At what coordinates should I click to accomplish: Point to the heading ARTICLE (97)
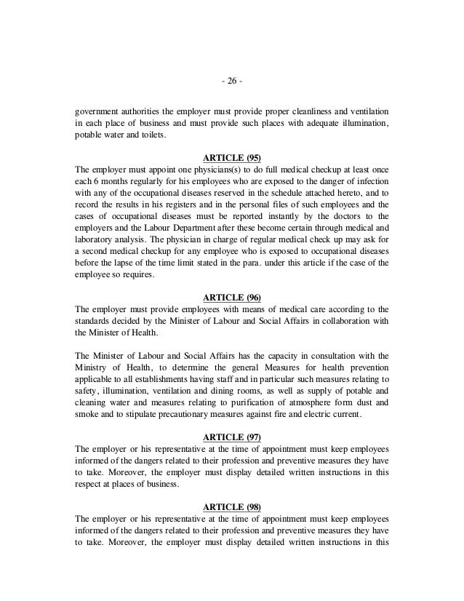click(232, 437)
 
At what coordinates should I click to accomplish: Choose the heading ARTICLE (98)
click(232, 507)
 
